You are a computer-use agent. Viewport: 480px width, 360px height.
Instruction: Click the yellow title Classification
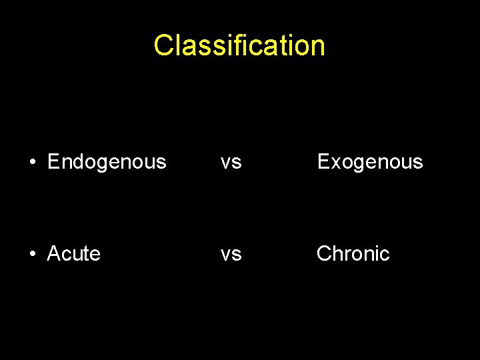239,45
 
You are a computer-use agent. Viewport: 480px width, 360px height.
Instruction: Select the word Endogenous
107,162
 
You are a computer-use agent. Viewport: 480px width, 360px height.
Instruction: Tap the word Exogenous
370,162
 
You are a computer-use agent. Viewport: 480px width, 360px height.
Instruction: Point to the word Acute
73,254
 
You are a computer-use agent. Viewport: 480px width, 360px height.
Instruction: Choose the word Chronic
353,254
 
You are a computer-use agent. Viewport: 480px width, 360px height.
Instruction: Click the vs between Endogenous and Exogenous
231,162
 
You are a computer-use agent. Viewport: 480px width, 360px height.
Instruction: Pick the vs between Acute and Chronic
231,254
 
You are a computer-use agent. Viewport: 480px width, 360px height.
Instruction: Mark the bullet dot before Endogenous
31,162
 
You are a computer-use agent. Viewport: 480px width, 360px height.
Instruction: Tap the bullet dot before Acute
31,254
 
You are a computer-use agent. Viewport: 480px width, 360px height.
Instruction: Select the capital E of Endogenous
54,162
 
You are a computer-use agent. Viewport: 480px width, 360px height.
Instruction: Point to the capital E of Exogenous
323,162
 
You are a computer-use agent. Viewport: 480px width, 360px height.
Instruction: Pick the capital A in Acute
54,254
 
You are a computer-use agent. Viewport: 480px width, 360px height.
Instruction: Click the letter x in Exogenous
335,163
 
